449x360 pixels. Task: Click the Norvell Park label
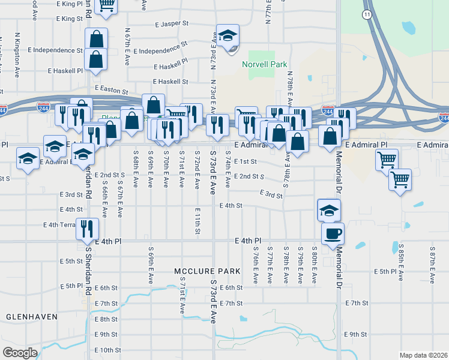pyautogui.click(x=264, y=64)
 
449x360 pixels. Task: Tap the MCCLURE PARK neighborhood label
pyautogui.click(x=207, y=271)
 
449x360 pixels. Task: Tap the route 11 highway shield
pyautogui.click(x=367, y=13)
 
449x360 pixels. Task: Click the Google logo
pyautogui.click(x=20, y=352)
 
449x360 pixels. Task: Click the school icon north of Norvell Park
pyautogui.click(x=228, y=35)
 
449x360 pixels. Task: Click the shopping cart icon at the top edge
pyautogui.click(x=106, y=5)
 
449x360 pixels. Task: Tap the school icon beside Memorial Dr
pyautogui.click(x=328, y=210)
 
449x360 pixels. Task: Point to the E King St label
pyautogui.click(x=69, y=19)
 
